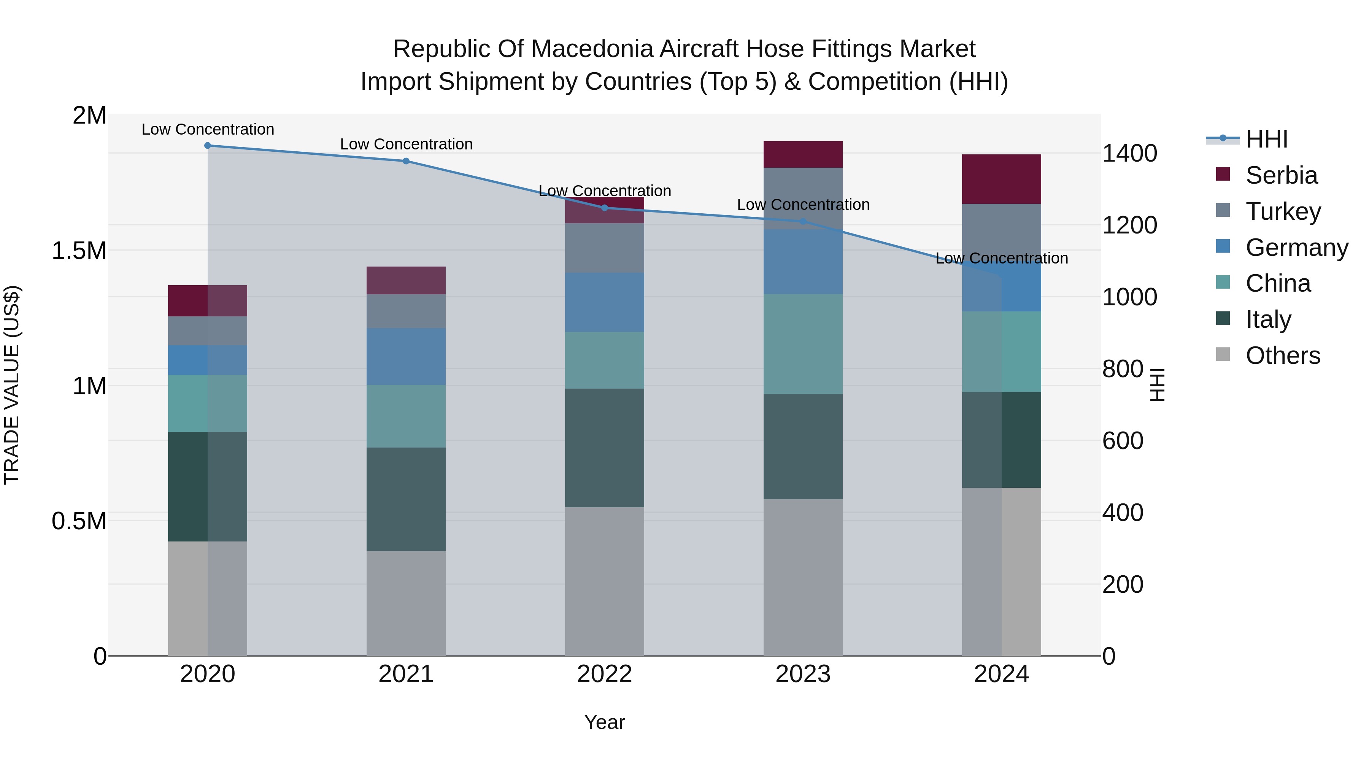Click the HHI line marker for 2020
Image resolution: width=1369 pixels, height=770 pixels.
[208, 146]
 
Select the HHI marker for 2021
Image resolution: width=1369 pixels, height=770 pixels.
[406, 161]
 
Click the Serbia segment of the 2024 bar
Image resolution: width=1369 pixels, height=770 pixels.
[1001, 179]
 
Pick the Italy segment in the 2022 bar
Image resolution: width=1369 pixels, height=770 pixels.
[604, 448]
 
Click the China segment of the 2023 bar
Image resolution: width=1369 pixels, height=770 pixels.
[803, 344]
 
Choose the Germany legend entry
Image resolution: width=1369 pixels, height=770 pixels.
[1296, 248]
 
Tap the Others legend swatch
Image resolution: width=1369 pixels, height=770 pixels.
[1223, 354]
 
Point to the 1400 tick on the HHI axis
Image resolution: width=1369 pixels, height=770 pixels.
[1129, 154]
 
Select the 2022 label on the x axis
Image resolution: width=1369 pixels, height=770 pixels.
[604, 674]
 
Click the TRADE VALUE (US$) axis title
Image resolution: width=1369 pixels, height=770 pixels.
[12, 385]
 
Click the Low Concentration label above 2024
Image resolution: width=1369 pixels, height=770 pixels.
[1001, 258]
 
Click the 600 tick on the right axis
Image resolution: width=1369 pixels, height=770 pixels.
[1123, 441]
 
